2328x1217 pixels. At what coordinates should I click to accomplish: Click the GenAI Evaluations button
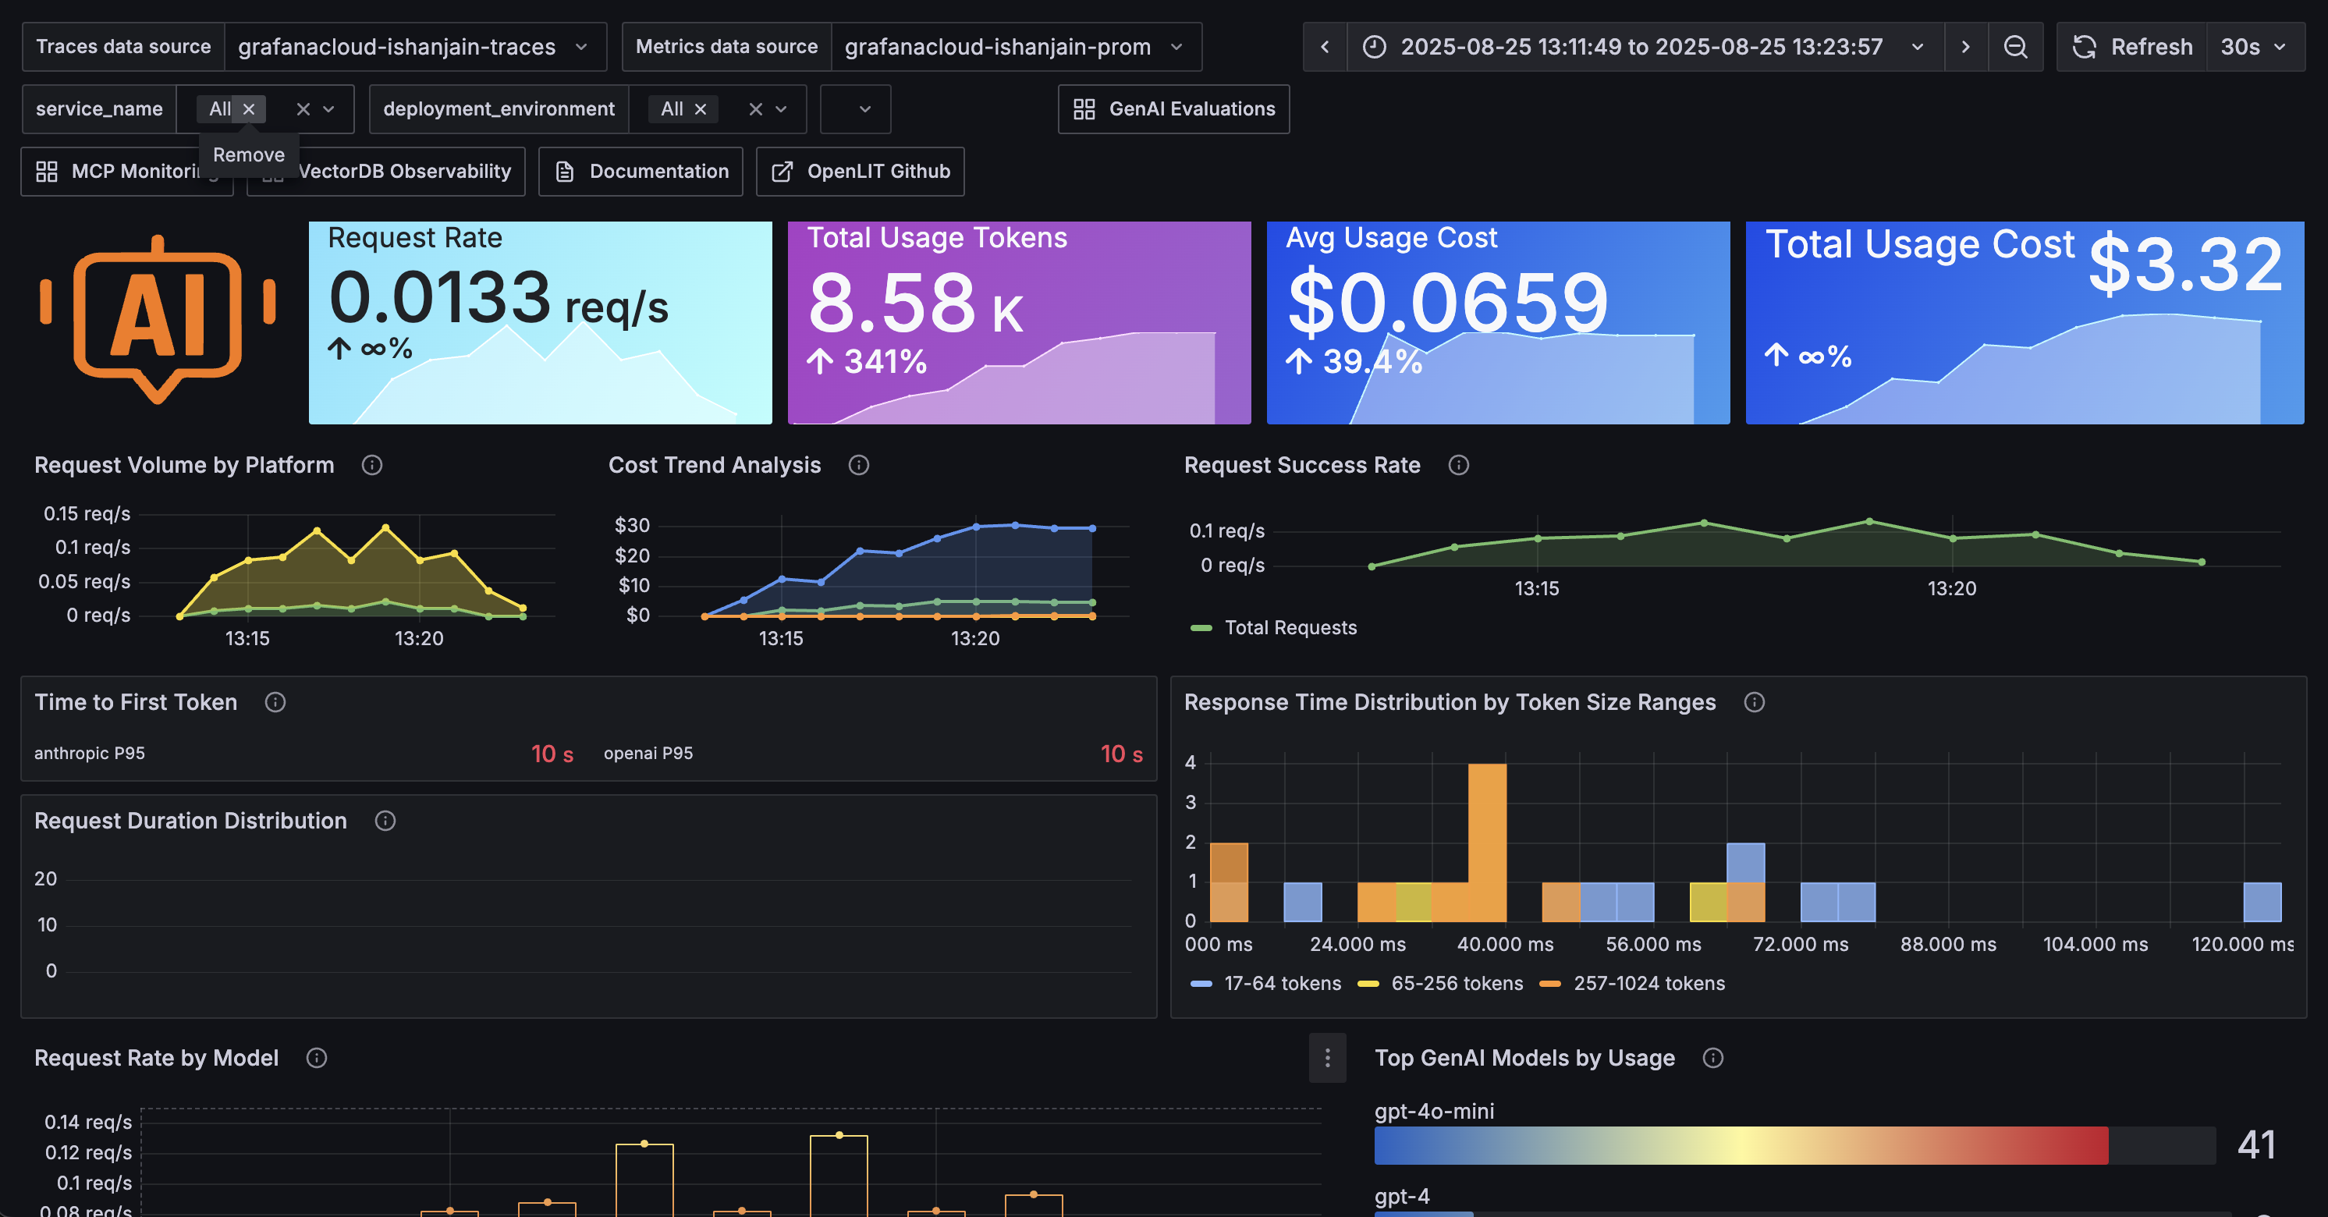pyautogui.click(x=1173, y=109)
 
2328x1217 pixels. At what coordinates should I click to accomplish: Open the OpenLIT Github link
pyautogui.click(x=861, y=172)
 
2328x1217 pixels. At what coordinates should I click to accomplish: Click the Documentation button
pyautogui.click(x=641, y=172)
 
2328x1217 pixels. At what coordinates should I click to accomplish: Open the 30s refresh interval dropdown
pyautogui.click(x=2254, y=47)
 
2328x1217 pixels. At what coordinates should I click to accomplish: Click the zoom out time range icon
pyautogui.click(x=2014, y=47)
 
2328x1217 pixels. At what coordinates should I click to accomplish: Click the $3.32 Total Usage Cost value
pyautogui.click(x=2185, y=264)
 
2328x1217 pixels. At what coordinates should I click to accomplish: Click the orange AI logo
pyautogui.click(x=158, y=316)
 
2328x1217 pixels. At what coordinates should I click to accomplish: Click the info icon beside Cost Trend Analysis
pyautogui.click(x=858, y=465)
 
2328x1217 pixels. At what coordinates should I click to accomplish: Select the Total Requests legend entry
pyautogui.click(x=1290, y=628)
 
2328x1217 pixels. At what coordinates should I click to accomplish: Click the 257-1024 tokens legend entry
pyautogui.click(x=1648, y=984)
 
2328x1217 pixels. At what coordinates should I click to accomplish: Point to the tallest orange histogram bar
pyautogui.click(x=1487, y=840)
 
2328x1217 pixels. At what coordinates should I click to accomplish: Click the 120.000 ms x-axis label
pyautogui.click(x=2241, y=944)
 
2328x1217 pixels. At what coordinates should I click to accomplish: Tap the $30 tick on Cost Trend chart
pyautogui.click(x=632, y=526)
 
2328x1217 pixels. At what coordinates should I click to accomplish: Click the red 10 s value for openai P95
pyautogui.click(x=1120, y=754)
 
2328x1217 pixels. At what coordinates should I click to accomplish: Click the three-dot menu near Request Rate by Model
pyautogui.click(x=1327, y=1058)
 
